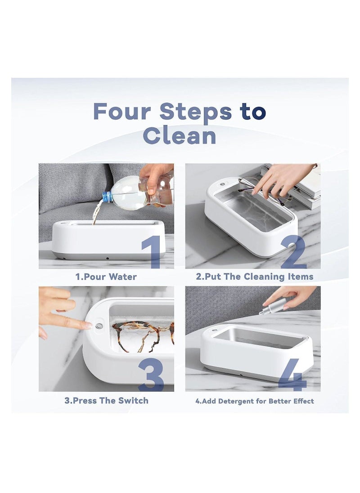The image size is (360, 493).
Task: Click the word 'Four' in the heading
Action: (x=122, y=112)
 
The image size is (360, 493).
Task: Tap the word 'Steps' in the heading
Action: (x=196, y=112)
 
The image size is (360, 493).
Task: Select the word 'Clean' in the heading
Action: (x=180, y=135)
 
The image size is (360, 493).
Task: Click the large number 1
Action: (x=152, y=252)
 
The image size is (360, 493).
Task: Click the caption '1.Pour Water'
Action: (x=106, y=277)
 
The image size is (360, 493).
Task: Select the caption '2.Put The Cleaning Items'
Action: (x=253, y=277)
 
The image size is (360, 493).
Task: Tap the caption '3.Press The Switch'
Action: (x=106, y=400)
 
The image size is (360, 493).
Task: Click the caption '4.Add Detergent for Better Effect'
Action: (x=254, y=400)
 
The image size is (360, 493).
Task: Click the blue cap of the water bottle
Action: (x=106, y=197)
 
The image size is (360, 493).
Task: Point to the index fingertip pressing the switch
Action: (x=88, y=325)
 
